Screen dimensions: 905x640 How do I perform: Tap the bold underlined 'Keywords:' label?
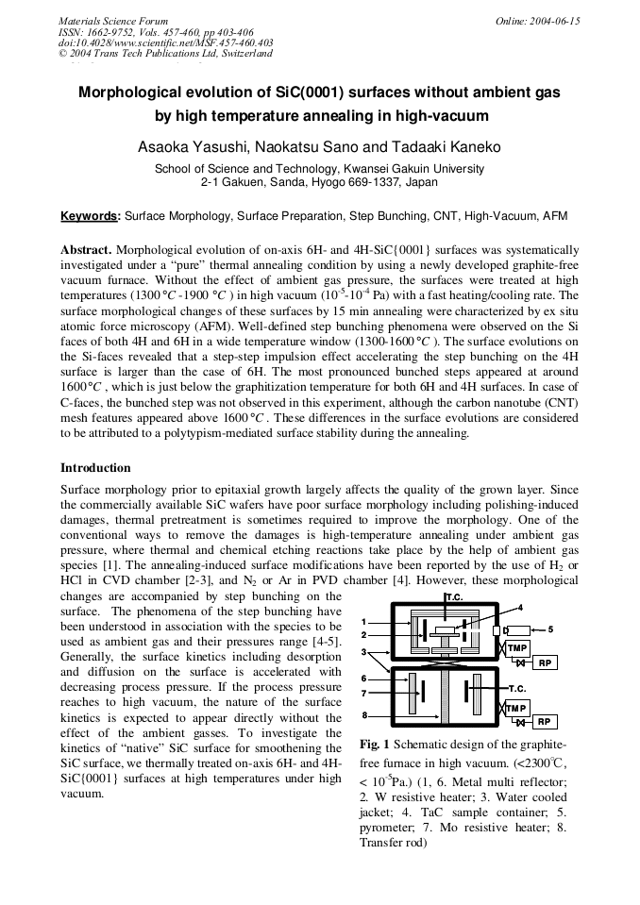pyautogui.click(x=91, y=216)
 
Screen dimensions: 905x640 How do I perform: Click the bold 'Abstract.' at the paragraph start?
pyautogui.click(x=87, y=250)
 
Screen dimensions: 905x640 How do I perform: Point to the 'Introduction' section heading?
pyautogui.click(x=95, y=468)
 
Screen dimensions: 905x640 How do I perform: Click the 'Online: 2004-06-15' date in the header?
pyautogui.click(x=538, y=21)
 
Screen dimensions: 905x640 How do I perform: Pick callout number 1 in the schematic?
pyautogui.click(x=364, y=622)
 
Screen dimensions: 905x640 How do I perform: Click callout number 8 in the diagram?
pyautogui.click(x=364, y=716)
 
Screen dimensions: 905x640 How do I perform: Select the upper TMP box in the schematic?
pyautogui.click(x=516, y=648)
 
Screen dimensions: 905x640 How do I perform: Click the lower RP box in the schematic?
pyautogui.click(x=544, y=722)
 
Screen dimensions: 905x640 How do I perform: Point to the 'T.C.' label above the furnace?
pyautogui.click(x=453, y=599)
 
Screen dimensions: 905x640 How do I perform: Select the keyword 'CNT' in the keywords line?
pyautogui.click(x=439, y=216)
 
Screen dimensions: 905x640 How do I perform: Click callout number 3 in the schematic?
pyautogui.click(x=364, y=652)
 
